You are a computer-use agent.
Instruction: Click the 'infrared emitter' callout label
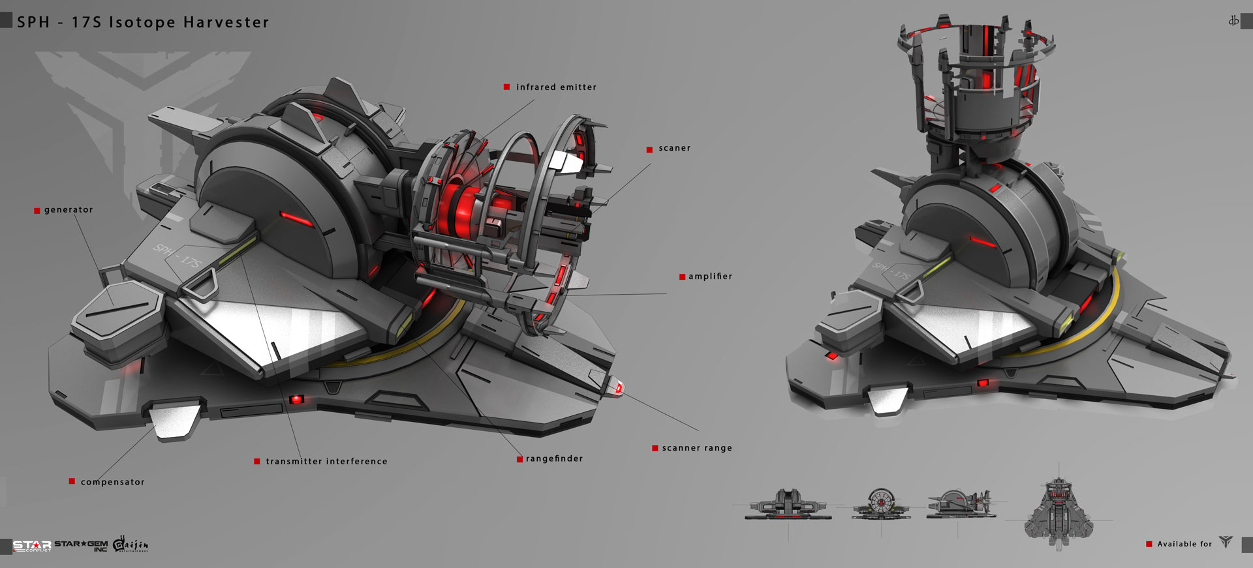pyautogui.click(x=556, y=87)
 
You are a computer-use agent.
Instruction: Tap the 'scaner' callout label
pyautogui.click(x=674, y=149)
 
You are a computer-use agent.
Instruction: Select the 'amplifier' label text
pyautogui.click(x=710, y=277)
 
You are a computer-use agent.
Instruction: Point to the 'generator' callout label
pyautogui.click(x=69, y=210)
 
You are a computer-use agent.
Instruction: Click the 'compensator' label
pyautogui.click(x=112, y=482)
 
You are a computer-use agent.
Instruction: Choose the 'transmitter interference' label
pyautogui.click(x=326, y=461)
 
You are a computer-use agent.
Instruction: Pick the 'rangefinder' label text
pyautogui.click(x=554, y=458)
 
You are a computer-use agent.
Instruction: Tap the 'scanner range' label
pyautogui.click(x=697, y=448)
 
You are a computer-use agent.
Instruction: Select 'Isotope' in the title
pyautogui.click(x=142, y=22)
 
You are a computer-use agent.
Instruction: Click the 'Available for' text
pyautogui.click(x=1184, y=544)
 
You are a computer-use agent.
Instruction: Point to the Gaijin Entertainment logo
pyautogui.click(x=131, y=544)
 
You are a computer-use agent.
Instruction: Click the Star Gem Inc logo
pyautogui.click(x=81, y=546)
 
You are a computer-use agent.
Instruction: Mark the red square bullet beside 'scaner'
pyautogui.click(x=649, y=149)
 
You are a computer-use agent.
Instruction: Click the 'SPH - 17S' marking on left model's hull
pyautogui.click(x=178, y=256)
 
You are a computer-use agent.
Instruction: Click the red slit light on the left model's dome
pyautogui.click(x=295, y=218)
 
